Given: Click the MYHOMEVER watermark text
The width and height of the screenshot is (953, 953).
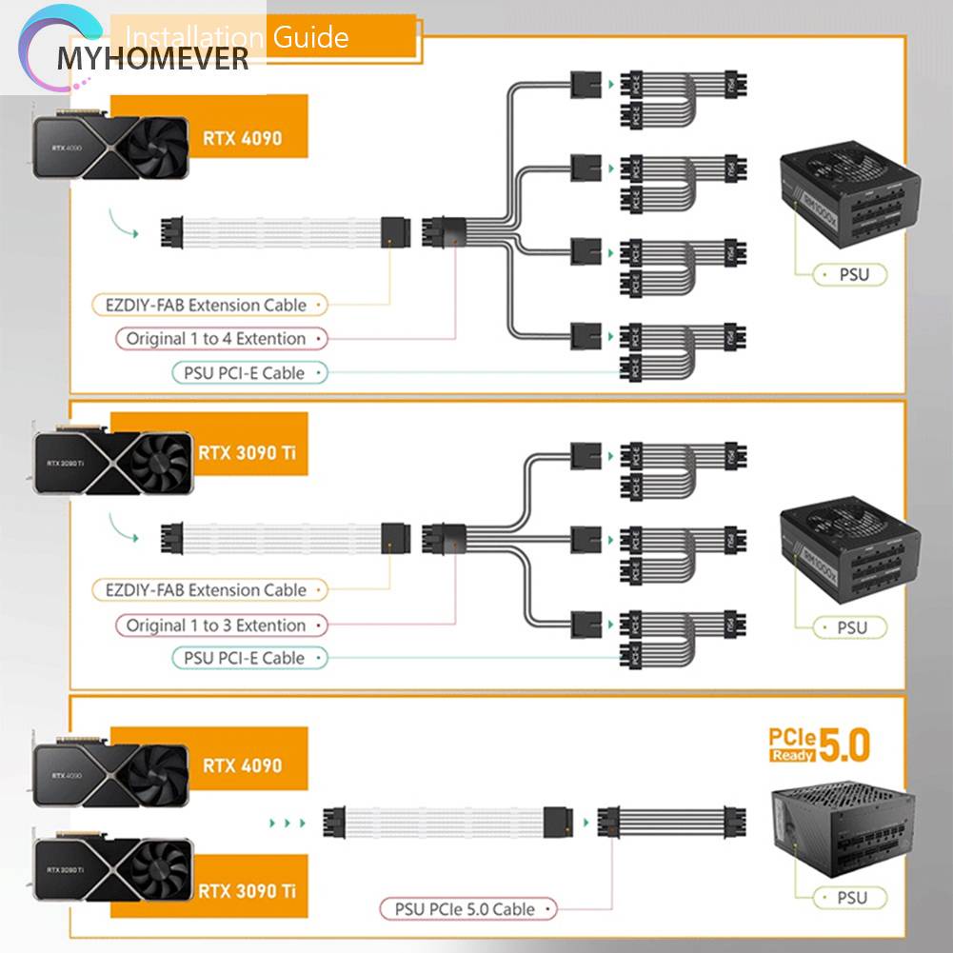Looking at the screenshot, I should [152, 59].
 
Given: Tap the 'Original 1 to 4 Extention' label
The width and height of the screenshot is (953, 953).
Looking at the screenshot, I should [217, 338].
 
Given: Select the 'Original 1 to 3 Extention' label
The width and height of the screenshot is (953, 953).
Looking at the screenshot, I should [217, 625].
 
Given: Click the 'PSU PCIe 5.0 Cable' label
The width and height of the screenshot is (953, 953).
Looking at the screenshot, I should [465, 909].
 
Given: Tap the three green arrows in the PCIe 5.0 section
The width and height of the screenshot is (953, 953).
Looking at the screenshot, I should [286, 821].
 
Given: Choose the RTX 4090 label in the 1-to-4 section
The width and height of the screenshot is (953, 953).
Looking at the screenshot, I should [242, 138].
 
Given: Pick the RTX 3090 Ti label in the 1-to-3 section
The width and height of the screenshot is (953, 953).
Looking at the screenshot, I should [247, 452].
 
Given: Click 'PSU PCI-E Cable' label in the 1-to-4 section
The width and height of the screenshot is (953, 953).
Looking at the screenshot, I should [245, 373].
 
